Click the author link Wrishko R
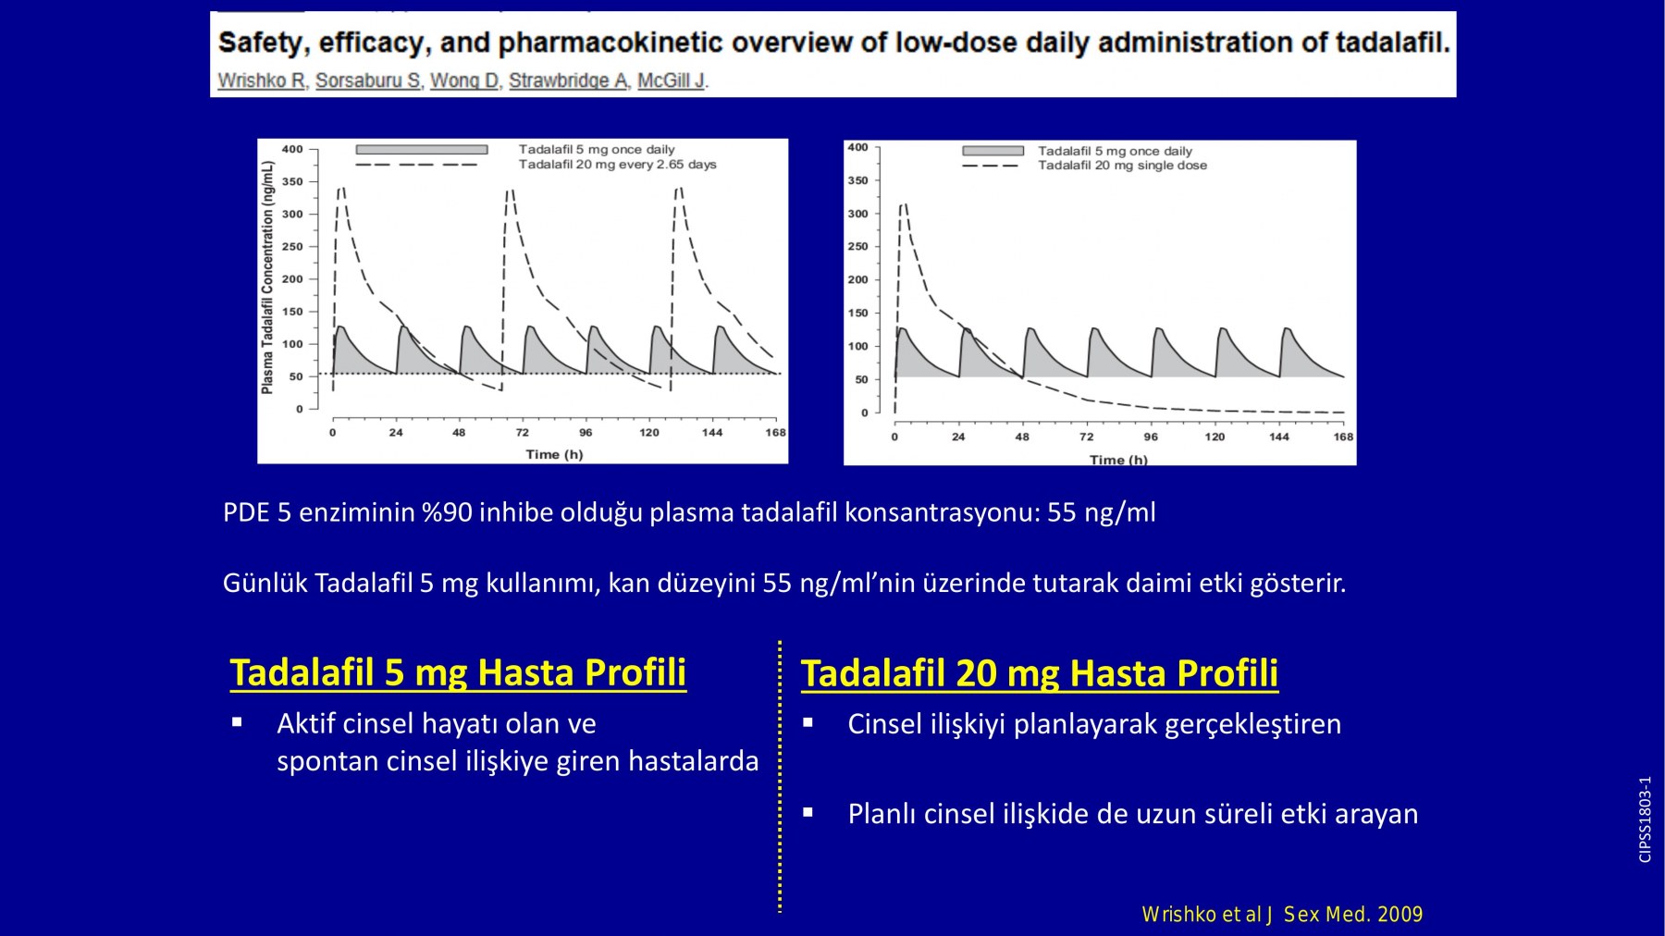tap(262, 80)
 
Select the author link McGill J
tap(672, 80)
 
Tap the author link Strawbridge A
tap(569, 80)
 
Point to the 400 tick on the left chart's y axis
tap(292, 149)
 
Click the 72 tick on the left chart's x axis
tap(523, 432)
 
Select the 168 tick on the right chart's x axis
tap(1343, 437)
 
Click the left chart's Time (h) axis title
tap(554, 454)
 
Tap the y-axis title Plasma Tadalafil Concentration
tap(267, 277)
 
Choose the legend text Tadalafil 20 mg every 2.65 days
tap(617, 165)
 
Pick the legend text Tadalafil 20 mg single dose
tap(1122, 166)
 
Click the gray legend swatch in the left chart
tap(422, 150)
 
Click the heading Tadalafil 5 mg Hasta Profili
tap(458, 672)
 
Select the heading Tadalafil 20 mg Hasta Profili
tap(1040, 673)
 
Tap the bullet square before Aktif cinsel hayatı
tap(238, 722)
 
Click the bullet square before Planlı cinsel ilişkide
tap(808, 813)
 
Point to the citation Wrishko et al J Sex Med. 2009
tap(1282, 915)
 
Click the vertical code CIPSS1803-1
tap(1645, 819)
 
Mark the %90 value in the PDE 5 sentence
tap(447, 512)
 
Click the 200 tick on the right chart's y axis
tap(858, 279)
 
